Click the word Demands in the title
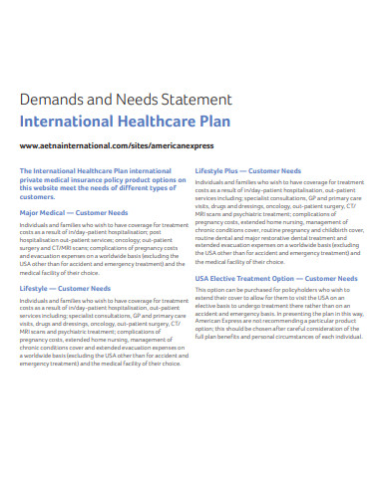coord(49,100)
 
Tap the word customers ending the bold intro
coord(39,196)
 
